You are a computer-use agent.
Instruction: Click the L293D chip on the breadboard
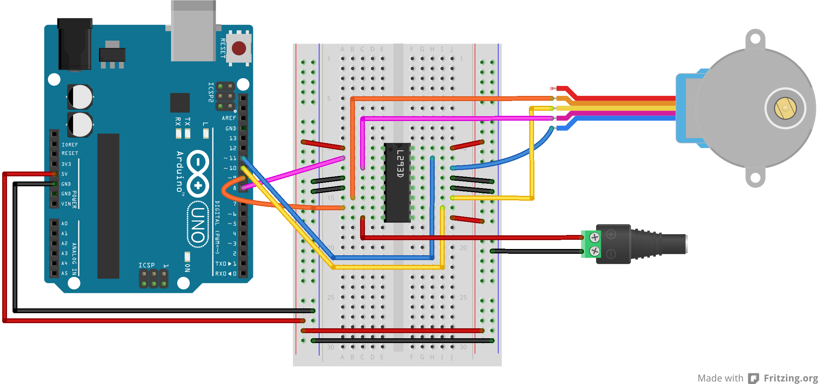point(397,183)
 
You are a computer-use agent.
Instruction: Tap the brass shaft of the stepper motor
point(785,108)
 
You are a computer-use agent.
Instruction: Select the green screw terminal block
point(591,244)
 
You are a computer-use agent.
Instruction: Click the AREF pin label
point(229,118)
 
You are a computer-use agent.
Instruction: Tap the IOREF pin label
point(69,145)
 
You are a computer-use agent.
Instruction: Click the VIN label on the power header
point(66,204)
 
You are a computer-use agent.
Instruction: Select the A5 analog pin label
point(64,273)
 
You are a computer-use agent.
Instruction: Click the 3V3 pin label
point(66,164)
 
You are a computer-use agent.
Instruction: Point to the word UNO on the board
point(198,224)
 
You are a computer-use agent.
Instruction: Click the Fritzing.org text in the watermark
point(790,378)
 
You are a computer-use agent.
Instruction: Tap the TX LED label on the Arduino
point(187,121)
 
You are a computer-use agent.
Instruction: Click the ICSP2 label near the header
point(211,92)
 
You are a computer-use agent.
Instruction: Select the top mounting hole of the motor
point(755,38)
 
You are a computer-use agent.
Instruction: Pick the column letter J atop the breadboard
point(452,49)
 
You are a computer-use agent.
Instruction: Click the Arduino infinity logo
point(198,173)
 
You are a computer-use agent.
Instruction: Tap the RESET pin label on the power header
point(69,153)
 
